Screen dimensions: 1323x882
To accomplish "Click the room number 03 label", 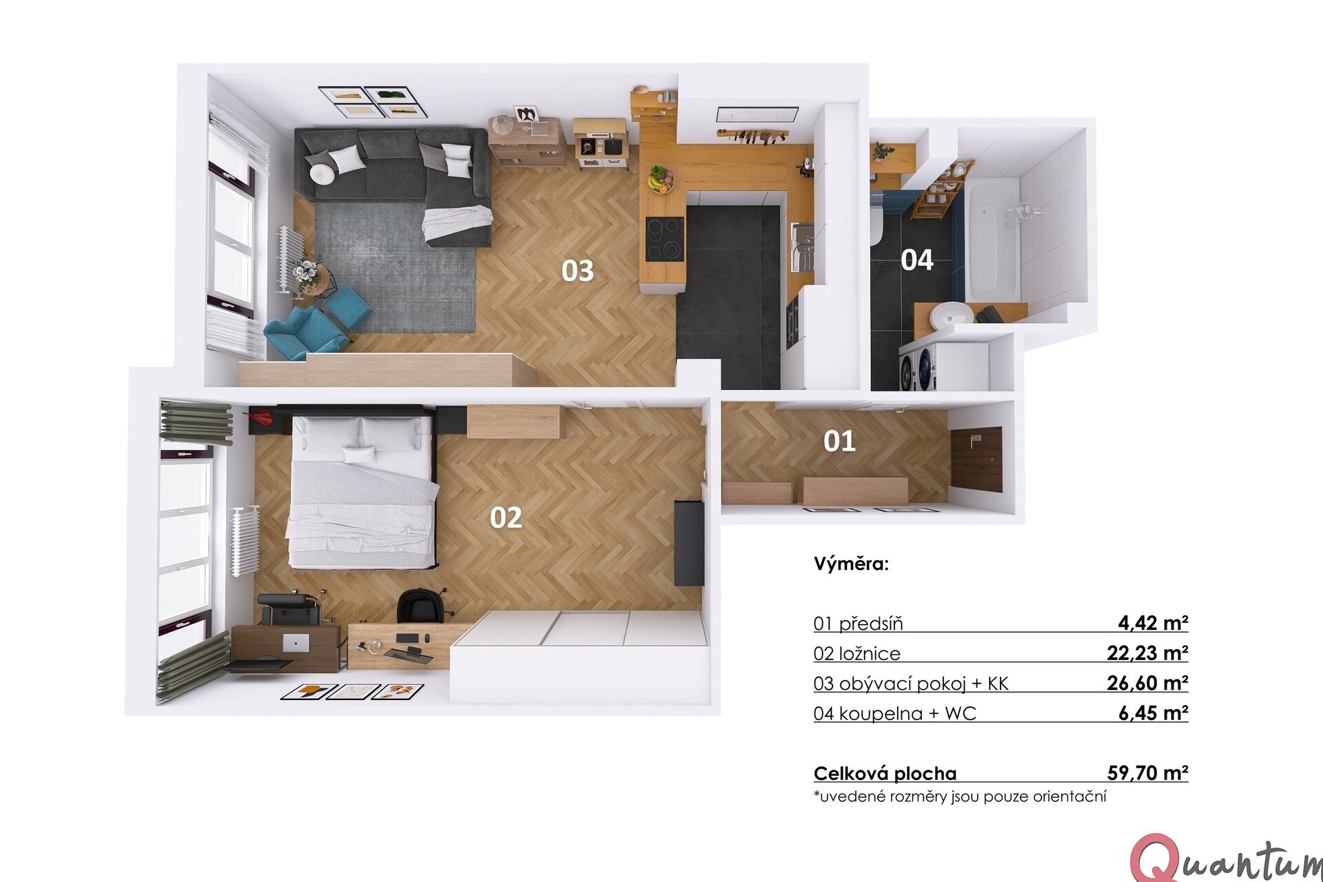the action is pos(577,271).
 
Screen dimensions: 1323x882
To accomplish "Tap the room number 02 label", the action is pos(506,517).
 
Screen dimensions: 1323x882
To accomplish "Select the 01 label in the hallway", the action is pos(839,441).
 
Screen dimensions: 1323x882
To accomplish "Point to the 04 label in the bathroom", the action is pos(917,260).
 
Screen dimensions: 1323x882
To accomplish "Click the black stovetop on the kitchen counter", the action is pos(665,238).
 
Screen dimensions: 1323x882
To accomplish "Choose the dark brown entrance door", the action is pos(977,458).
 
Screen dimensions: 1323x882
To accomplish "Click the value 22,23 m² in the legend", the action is pos(1147,653).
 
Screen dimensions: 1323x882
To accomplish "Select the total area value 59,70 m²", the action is pos(1147,772).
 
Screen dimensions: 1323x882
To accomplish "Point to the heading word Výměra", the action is pos(851,564).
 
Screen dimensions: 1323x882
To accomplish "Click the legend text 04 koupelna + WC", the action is pos(894,713).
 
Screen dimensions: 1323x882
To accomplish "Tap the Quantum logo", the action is pos(1227,859).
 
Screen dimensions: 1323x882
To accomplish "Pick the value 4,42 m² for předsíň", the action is pos(1153,623).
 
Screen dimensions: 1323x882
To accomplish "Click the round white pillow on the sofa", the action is pos(322,173).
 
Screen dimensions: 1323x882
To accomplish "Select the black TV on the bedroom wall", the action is pos(688,543).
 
